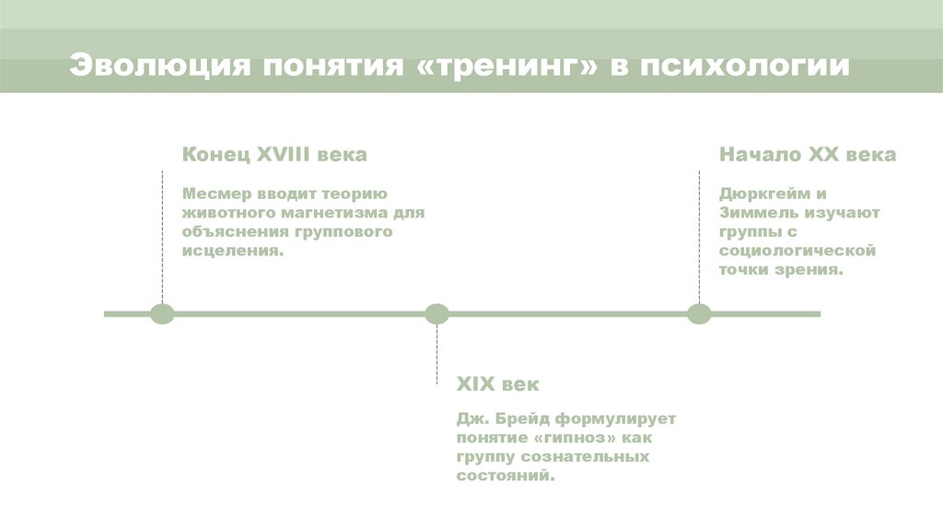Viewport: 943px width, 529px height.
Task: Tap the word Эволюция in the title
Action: tap(157, 67)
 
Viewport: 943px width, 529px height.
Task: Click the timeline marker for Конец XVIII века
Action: tap(162, 314)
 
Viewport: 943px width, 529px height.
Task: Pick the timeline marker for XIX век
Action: tap(437, 314)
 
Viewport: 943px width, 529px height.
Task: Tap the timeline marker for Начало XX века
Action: tap(699, 314)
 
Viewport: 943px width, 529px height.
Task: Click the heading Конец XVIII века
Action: tap(274, 155)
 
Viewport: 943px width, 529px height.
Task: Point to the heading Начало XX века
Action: tap(808, 155)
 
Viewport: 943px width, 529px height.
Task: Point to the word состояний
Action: tap(506, 476)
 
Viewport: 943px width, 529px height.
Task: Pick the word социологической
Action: tap(797, 251)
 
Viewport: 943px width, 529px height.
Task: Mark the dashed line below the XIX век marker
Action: tap(437, 355)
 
